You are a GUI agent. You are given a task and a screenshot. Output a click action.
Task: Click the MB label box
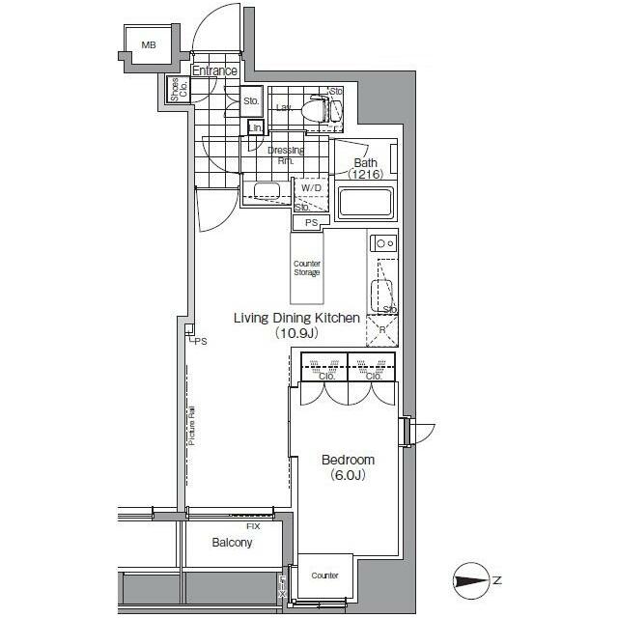point(149,45)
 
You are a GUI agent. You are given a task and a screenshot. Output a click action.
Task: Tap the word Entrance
point(213,70)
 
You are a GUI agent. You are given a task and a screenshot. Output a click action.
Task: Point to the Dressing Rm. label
point(286,155)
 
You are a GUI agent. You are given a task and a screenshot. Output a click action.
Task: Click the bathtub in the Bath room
point(365,203)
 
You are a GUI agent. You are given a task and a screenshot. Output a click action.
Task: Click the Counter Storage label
point(307,267)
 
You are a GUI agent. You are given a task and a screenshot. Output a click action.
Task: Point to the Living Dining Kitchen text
point(298,318)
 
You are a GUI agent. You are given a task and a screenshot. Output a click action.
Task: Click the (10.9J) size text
point(297,333)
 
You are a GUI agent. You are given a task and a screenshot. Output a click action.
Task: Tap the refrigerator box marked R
point(381,330)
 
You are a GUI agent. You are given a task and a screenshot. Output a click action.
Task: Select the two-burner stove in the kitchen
point(384,243)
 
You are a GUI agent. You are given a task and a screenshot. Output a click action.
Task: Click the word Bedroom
point(348,460)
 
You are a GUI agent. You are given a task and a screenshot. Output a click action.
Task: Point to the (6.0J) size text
point(348,475)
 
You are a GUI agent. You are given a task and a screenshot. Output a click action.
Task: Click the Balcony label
point(232,543)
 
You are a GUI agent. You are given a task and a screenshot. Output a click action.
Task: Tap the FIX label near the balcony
point(253,526)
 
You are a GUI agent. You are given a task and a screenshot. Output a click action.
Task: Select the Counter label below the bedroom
point(324,576)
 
